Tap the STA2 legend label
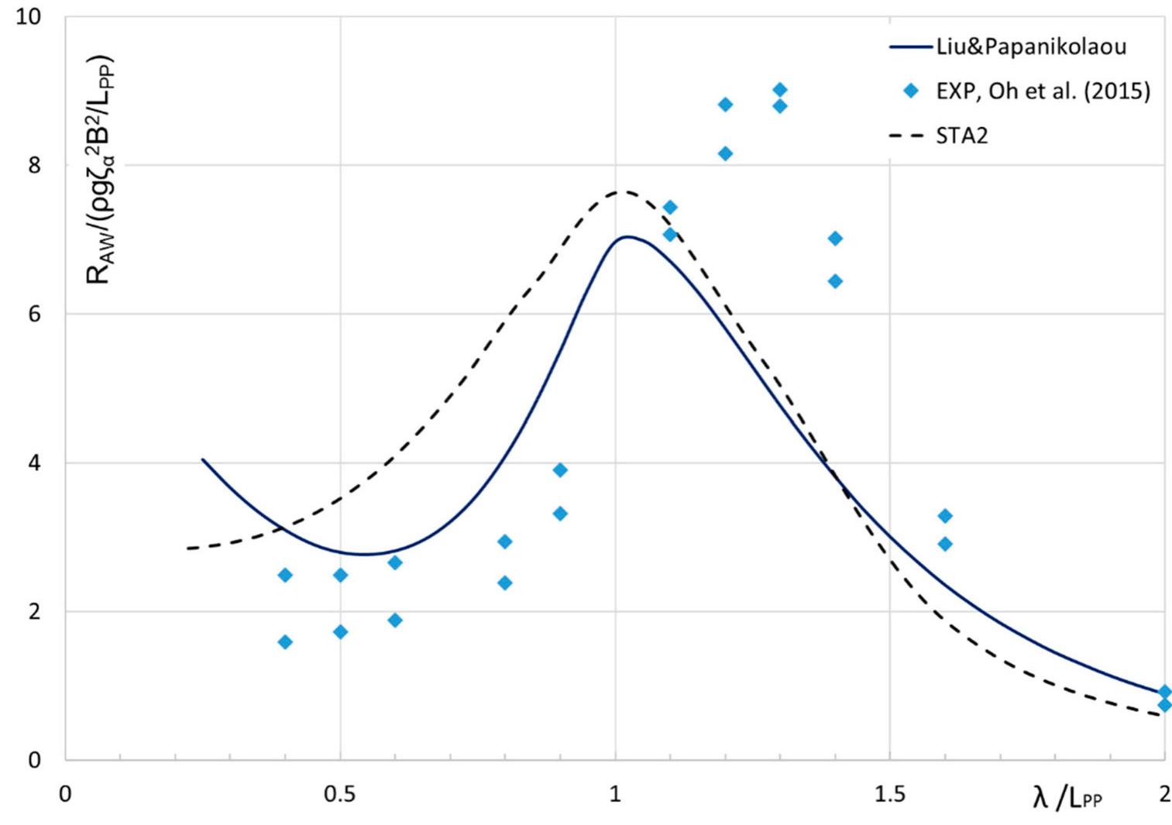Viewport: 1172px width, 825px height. [962, 136]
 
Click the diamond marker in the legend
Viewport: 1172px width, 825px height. [911, 91]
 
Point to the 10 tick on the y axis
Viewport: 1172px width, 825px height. [29, 16]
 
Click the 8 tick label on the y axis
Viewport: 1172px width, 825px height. [34, 165]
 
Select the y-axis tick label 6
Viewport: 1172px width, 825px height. [34, 314]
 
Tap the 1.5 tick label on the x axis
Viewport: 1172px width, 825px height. [889, 795]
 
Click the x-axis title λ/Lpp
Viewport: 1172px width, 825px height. [1067, 797]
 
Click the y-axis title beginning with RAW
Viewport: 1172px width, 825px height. [99, 170]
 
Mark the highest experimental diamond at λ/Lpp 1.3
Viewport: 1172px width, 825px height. [780, 90]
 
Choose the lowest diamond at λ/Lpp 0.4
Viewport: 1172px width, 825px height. [285, 642]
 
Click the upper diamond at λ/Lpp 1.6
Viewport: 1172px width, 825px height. [945, 516]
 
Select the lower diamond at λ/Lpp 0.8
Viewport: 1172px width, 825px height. [505, 583]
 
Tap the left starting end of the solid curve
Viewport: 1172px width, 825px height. [202, 459]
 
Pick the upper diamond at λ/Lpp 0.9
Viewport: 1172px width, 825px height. [560, 470]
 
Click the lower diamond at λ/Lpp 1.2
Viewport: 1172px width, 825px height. [725, 153]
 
